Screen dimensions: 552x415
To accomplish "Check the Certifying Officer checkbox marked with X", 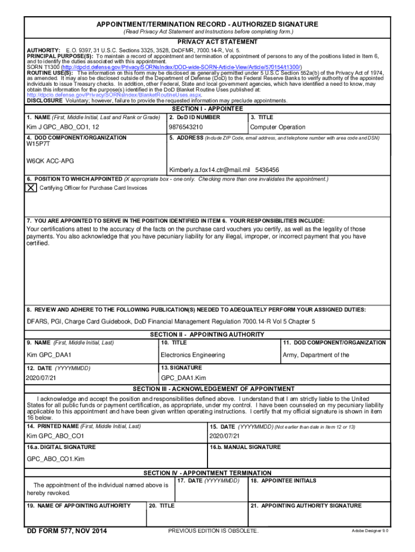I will pyautogui.click(x=32, y=188).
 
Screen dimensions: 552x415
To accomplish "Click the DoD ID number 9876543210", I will pyautogui.click(x=186, y=127).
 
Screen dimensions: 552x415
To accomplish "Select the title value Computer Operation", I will pyautogui.click(x=278, y=127).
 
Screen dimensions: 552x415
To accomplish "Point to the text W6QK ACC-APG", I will pyautogui.click(x=50, y=161).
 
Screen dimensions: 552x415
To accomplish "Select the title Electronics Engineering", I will pyautogui.click(x=192, y=355).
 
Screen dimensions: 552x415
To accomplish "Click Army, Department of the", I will pyautogui.click(x=316, y=355).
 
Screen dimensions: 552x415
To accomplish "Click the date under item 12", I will pyautogui.click(x=41, y=378).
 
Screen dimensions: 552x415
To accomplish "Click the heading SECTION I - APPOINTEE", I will pyautogui.click(x=207, y=108).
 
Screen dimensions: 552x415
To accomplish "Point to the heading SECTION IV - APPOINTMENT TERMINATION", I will pyautogui.click(x=207, y=473).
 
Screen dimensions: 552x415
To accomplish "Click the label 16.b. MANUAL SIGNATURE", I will pyautogui.click(x=245, y=447).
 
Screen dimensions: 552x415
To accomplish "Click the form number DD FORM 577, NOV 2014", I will pyautogui.click(x=67, y=532).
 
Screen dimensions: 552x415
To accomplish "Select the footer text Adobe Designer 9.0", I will pyautogui.click(x=370, y=532).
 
